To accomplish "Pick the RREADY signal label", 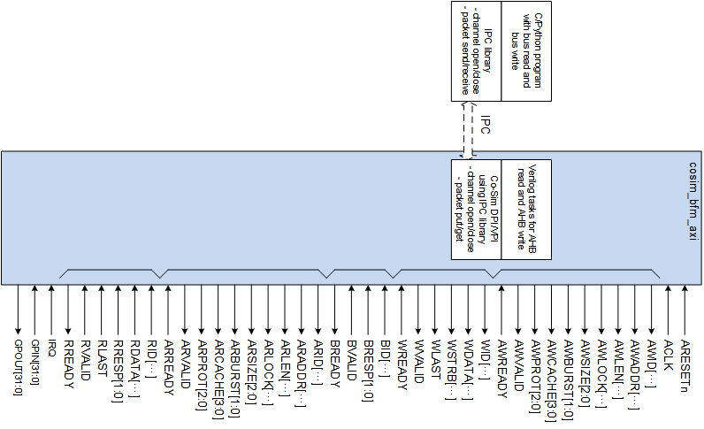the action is [x=69, y=359].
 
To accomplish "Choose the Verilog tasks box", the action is [x=527, y=209].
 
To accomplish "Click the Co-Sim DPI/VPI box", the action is [x=476, y=209].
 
